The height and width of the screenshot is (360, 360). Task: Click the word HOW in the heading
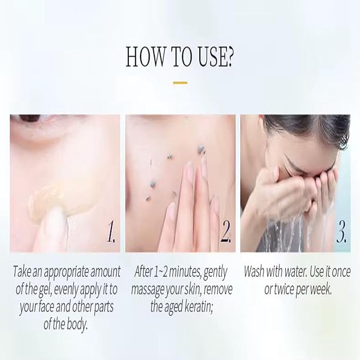pos(146,57)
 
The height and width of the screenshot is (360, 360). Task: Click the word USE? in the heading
pos(216,57)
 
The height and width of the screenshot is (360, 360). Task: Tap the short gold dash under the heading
pos(180,83)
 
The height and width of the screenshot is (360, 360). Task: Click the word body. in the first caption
pos(76,324)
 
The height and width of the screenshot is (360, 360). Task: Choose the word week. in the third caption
pos(321,289)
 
